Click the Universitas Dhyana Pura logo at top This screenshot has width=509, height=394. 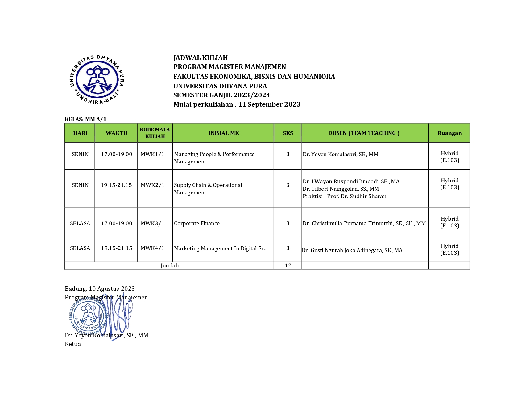point(97,79)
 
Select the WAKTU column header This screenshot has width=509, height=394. point(117,133)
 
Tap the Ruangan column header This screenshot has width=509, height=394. point(449,133)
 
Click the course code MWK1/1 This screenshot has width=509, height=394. point(152,154)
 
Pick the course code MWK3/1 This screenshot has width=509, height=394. point(152,223)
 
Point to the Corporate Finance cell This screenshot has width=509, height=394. point(197,223)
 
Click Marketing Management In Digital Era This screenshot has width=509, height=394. point(220,248)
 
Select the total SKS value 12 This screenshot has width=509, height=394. point(288,265)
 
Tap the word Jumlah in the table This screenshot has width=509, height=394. point(170,265)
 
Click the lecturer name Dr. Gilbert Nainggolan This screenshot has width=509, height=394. point(341,189)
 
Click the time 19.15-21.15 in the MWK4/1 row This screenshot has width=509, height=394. point(117,248)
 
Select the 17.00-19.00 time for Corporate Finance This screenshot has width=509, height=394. point(117,223)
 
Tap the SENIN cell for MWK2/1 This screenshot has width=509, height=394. point(80,185)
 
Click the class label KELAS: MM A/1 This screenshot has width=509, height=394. point(85,119)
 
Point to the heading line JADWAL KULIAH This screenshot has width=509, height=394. point(201,58)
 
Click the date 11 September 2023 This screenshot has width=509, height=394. point(269,104)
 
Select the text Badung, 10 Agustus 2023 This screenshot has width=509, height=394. point(100,289)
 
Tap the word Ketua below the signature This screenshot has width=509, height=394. point(73,344)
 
